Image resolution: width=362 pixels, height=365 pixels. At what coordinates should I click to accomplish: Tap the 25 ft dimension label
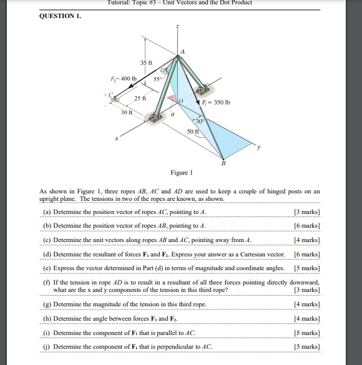pos(140,100)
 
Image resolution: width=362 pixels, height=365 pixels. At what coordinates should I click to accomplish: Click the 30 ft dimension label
pos(126,112)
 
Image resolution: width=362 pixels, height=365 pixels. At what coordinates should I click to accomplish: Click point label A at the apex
pos(182,51)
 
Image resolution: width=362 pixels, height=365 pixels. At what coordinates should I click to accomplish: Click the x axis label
pos(115,139)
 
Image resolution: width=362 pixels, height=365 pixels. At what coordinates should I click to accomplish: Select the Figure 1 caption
pos(182,172)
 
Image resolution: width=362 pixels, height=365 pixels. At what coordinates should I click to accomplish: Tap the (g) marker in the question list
pos(46,304)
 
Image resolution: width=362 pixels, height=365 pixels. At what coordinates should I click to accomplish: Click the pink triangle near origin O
pos(170,99)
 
